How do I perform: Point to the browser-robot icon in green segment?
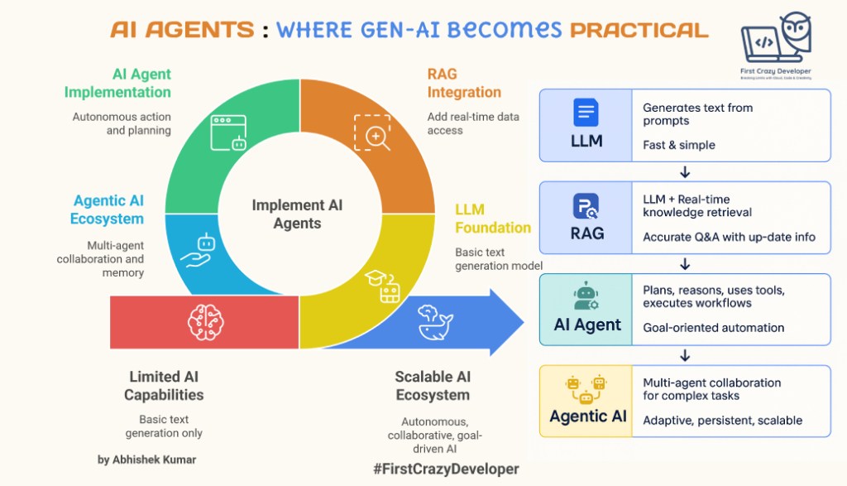229,132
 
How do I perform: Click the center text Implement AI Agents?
297,214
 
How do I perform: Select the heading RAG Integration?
464,83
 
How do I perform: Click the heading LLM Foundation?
493,219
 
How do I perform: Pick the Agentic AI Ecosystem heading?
108,210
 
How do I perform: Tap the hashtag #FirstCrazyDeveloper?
446,469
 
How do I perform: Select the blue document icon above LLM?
586,113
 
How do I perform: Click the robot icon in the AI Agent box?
586,296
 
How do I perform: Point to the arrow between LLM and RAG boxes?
685,172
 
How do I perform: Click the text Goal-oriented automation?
713,328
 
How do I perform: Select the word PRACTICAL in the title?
639,30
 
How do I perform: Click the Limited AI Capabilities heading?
164,386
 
